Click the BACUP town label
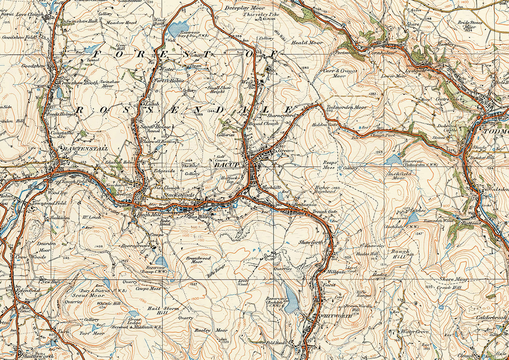tap(227, 164)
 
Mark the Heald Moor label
tap(307, 43)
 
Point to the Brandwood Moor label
tap(197, 260)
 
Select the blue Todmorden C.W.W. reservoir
tap(394, 160)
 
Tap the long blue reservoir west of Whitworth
tap(292, 297)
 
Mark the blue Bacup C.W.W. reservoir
tap(162, 261)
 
